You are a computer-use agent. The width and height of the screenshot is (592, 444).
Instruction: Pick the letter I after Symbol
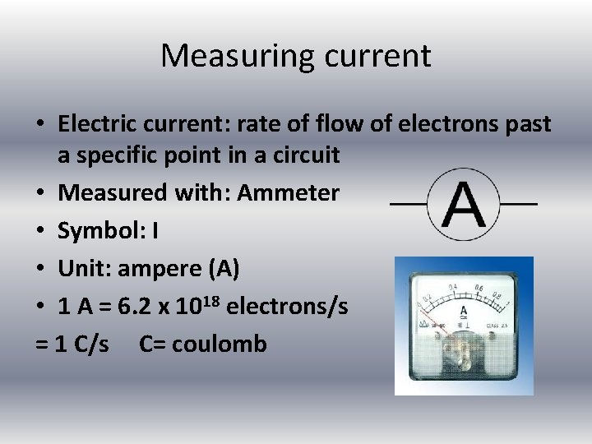pos(155,231)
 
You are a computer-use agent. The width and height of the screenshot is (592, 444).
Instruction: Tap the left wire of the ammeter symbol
pos(408,203)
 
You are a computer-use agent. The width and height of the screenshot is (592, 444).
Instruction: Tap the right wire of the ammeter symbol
pos(518,203)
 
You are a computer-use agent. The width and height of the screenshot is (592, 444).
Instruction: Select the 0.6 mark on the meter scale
pos(479,288)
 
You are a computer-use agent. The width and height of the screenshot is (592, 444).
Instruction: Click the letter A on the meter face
pos(464,310)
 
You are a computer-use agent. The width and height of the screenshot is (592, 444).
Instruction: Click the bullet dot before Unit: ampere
pos(40,270)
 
